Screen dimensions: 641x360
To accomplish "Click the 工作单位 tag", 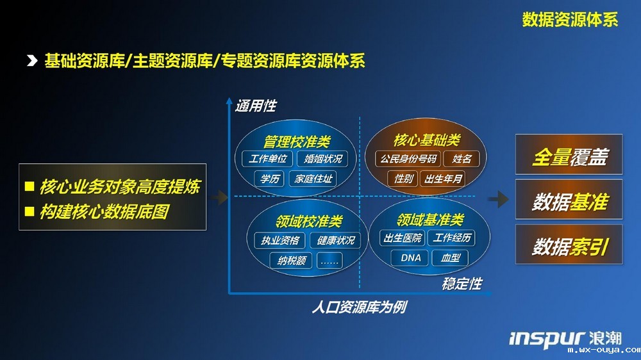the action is pyautogui.click(x=267, y=159).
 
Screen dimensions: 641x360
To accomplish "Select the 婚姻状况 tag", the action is pyautogui.click(x=322, y=159).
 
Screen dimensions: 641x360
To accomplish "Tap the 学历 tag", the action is pyautogui.click(x=269, y=179).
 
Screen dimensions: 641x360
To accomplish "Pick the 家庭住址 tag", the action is pyautogui.click(x=313, y=179).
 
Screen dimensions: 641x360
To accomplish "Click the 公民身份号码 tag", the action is pyautogui.click(x=408, y=159).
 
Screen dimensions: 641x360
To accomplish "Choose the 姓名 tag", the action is pyautogui.click(x=462, y=159).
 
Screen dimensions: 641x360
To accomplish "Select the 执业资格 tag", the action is pyautogui.click(x=280, y=240).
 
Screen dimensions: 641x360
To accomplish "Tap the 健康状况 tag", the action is pyautogui.click(x=335, y=240).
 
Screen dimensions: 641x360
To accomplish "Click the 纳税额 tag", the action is pyautogui.click(x=291, y=260).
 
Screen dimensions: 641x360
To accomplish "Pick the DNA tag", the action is pyautogui.click(x=410, y=258).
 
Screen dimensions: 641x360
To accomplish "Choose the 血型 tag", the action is pyautogui.click(x=450, y=258).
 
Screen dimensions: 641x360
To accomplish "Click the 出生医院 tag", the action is pyautogui.click(x=403, y=238).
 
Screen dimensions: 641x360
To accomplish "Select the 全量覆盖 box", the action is pyautogui.click(x=569, y=154).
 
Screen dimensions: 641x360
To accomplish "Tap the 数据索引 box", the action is pyautogui.click(x=569, y=244).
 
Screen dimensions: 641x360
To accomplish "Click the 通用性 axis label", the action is pyautogui.click(x=256, y=106).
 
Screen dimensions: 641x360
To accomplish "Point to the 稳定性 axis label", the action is pyautogui.click(x=462, y=284).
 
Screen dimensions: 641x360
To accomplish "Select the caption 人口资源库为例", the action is pyautogui.click(x=360, y=307).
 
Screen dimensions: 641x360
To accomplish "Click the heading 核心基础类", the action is pyautogui.click(x=427, y=140).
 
